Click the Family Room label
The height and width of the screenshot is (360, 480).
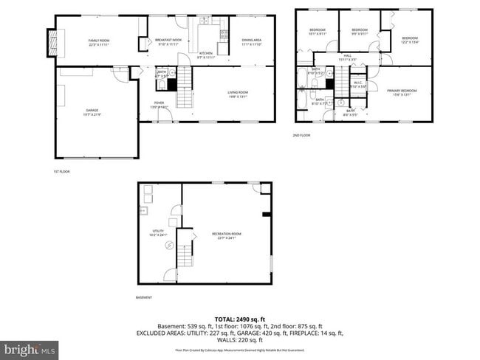click(98, 41)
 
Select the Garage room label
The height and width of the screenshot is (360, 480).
click(92, 111)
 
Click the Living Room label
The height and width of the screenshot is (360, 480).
click(237, 93)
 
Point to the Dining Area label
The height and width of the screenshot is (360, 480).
click(252, 41)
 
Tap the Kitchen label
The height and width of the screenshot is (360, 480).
click(207, 55)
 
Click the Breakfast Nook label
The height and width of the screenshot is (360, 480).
click(168, 41)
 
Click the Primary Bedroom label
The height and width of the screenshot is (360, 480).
click(402, 91)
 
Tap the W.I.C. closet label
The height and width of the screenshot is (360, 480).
click(357, 84)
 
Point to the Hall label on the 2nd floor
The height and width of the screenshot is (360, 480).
click(347, 58)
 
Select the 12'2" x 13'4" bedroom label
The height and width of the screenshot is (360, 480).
click(409, 40)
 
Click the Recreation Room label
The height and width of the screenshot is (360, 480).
click(230, 235)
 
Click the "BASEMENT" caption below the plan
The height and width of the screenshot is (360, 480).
click(144, 297)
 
